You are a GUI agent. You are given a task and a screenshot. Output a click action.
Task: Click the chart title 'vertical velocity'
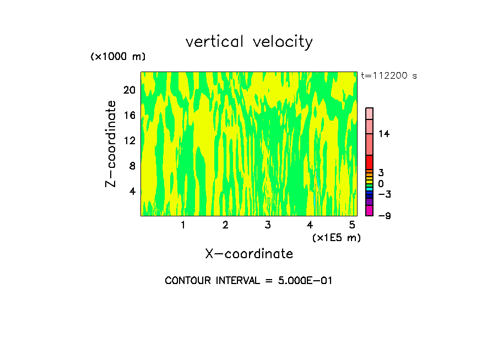[x=249, y=42]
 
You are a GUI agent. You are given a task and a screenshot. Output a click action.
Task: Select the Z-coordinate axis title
[x=111, y=143]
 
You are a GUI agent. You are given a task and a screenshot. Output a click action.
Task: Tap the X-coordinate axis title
[x=249, y=254]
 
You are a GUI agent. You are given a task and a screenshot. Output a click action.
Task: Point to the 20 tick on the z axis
[x=129, y=90]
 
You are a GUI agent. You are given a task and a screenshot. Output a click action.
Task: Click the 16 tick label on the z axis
[x=129, y=116]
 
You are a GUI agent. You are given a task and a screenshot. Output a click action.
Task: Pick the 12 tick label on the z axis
[x=129, y=140]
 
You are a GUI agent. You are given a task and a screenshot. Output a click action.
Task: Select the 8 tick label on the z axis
[x=132, y=166]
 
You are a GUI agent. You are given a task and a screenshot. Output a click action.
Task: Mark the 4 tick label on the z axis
[x=132, y=191]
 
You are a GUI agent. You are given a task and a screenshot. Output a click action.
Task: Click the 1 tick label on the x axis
[x=183, y=225]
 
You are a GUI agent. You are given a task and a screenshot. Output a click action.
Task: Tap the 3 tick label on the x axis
[x=268, y=225]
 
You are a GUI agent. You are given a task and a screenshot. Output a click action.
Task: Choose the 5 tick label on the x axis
[x=352, y=225]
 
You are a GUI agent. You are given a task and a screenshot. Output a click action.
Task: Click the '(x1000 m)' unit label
[x=117, y=57]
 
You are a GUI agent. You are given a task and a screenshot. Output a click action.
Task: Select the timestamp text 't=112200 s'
[x=388, y=75]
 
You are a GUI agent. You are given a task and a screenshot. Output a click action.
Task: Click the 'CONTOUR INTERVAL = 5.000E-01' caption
[x=249, y=281]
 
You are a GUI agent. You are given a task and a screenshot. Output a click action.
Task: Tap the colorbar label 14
[x=384, y=134]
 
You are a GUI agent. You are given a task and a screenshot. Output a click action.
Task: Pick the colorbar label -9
[x=384, y=216]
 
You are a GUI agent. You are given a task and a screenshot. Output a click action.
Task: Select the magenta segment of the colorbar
[x=369, y=210]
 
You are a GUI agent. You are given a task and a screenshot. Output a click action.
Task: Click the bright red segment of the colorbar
[x=369, y=162]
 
